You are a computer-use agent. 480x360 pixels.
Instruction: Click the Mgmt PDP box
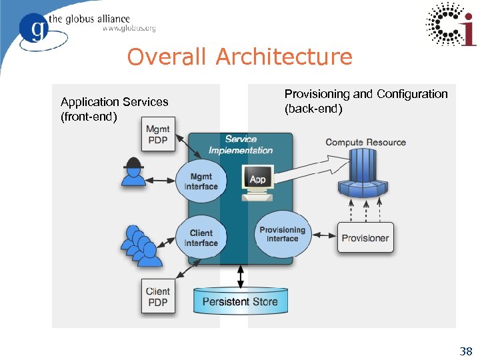157,134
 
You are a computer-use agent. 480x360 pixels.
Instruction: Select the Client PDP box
157,297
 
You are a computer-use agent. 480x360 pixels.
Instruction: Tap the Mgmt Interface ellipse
201,182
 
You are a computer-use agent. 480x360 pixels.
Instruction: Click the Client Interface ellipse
201,238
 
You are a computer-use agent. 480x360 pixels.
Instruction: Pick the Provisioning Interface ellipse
282,234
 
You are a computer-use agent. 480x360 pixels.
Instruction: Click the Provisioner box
365,238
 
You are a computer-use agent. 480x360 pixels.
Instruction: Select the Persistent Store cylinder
240,302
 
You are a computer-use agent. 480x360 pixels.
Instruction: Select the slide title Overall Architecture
239,57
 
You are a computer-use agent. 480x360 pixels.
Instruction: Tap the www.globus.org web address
129,29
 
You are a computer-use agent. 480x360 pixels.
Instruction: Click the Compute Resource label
365,142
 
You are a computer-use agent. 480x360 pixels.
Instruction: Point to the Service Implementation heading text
241,145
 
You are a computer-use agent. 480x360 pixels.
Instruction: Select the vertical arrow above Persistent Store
241,275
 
